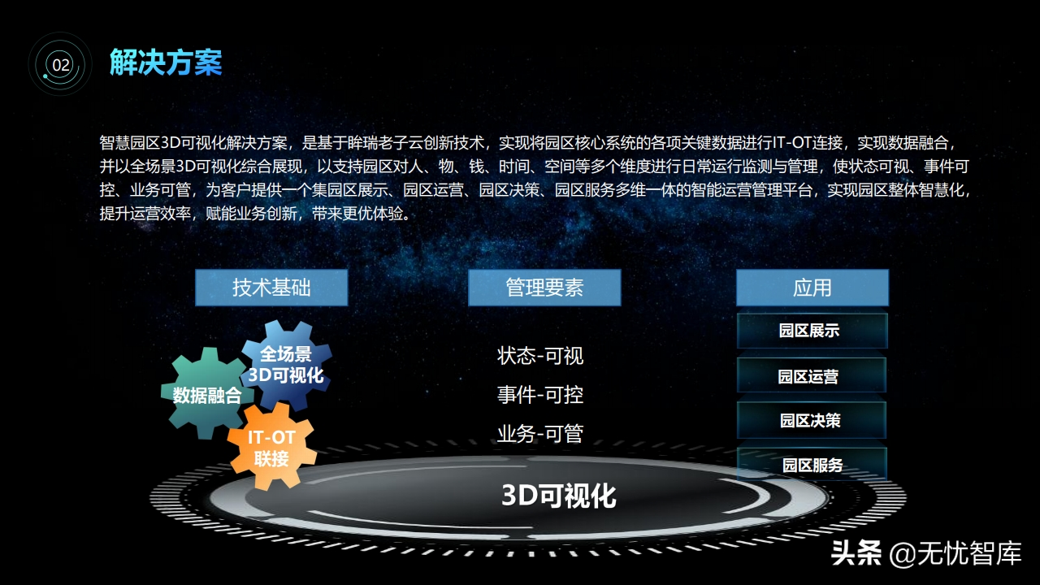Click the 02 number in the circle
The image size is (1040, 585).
[61, 64]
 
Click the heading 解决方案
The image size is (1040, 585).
[166, 63]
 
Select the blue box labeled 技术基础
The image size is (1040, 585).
[271, 288]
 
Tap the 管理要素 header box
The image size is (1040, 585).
[544, 288]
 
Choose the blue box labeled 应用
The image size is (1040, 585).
[812, 288]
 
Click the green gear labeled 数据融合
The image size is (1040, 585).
[207, 394]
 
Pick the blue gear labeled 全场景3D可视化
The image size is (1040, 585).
[287, 366]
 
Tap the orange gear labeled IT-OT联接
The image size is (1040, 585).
[271, 447]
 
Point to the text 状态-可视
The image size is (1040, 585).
[540, 356]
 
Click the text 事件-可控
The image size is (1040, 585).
[540, 395]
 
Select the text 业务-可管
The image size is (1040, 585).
[540, 434]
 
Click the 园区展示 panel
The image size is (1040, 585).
[812, 331]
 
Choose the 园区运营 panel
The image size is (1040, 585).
[812, 375]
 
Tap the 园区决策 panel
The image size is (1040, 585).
[812, 420]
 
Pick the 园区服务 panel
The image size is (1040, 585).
[812, 464]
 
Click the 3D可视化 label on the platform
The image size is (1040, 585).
[559, 496]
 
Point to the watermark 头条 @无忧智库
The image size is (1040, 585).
[926, 553]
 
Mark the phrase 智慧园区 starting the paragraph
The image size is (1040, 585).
[129, 143]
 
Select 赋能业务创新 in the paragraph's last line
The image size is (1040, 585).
[251, 214]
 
